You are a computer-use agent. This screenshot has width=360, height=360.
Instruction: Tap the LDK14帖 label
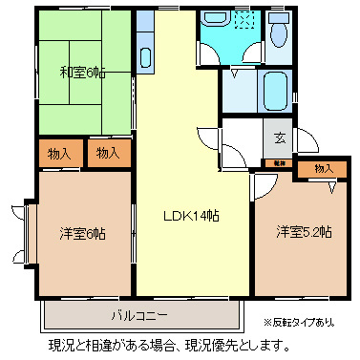(191, 216)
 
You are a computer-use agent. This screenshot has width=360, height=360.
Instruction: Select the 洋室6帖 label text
(81, 233)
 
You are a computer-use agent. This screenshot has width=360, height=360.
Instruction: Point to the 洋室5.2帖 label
(305, 231)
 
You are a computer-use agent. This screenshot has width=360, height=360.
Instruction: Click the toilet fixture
(279, 34)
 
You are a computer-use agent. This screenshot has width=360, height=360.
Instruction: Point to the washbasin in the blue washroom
(213, 22)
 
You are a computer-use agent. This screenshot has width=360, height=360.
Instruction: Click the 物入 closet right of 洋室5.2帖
(324, 169)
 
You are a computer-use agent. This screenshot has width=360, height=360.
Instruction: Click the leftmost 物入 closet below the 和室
(59, 153)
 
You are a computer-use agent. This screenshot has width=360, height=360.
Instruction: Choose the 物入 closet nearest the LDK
(107, 153)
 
